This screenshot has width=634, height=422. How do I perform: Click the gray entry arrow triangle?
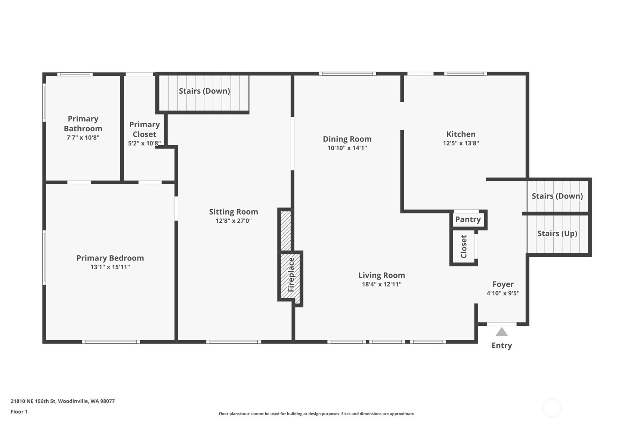coord(501,332)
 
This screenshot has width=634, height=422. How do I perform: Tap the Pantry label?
coord(468,219)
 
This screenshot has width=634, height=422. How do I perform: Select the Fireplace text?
coord(291,275)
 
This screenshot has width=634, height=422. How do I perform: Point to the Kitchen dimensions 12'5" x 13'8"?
coord(461,143)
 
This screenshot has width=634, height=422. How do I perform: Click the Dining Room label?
coord(347,139)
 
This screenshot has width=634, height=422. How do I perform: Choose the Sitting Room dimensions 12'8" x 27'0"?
coord(234,221)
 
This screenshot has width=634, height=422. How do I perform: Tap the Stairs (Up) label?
coord(557,234)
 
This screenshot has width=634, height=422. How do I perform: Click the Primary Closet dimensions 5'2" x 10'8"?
coord(144,143)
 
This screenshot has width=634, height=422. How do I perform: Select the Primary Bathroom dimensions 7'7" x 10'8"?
coord(83,138)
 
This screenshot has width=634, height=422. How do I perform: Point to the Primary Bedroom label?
coord(110,258)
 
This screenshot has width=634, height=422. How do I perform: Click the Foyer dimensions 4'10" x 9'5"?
coord(503,293)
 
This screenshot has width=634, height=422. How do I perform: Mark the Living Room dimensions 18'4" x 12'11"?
coord(381,284)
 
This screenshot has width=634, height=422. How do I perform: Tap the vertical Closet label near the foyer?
coord(464,247)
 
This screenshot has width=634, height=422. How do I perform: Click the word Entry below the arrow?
coord(501,346)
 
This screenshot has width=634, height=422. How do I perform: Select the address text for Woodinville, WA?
coord(63,401)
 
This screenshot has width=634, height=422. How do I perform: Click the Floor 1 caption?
coord(19,412)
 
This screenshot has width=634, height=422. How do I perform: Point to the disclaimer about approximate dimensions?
coord(317,414)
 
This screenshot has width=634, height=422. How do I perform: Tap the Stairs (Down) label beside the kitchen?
coord(557,196)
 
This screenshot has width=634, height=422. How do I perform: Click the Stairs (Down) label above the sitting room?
coord(204,91)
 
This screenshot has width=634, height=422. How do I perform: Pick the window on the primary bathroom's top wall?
coord(75,74)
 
